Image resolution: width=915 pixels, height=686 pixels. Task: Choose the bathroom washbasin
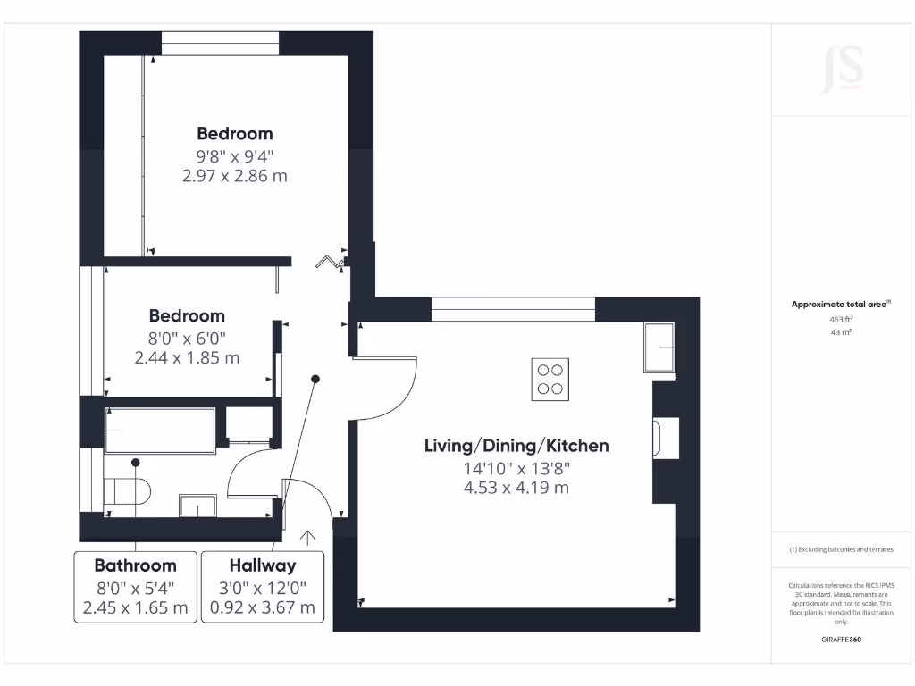tap(197, 506)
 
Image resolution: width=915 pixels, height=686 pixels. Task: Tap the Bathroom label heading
tap(135, 565)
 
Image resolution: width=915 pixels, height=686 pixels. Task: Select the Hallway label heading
tap(262, 565)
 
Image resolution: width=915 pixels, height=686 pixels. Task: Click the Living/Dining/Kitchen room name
tap(516, 446)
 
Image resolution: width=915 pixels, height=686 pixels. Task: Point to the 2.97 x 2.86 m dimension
tap(234, 176)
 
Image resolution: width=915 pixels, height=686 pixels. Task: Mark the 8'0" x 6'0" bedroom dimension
tap(187, 338)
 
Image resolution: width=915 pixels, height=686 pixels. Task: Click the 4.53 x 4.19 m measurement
tap(516, 488)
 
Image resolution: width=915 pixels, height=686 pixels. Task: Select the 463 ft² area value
tap(841, 318)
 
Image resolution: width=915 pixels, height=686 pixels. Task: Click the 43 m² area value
tap(841, 332)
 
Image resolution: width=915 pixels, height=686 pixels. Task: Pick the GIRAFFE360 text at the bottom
tap(841, 640)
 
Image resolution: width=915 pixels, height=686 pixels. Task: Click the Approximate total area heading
tap(840, 305)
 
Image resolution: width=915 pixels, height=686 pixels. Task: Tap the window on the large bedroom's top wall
tap(220, 44)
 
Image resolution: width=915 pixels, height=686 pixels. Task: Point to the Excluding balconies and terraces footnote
tap(841, 549)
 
